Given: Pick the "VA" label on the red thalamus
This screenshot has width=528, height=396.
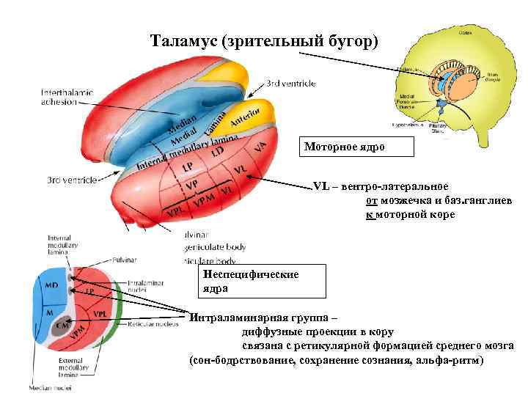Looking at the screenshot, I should pyautogui.click(x=260, y=147).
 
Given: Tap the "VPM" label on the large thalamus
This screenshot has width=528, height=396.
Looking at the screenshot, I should pyautogui.click(x=204, y=199).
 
